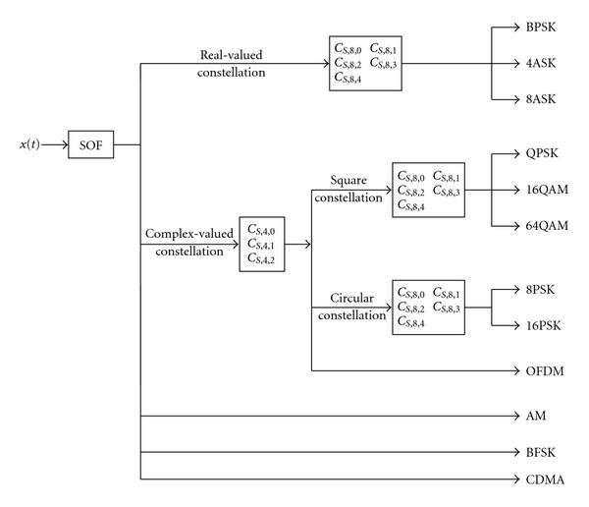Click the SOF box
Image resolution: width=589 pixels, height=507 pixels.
coord(91,145)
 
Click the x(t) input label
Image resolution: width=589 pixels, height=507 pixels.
coord(29,145)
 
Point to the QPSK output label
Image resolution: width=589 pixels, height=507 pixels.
coord(544,154)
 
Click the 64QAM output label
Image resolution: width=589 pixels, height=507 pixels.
coord(547,226)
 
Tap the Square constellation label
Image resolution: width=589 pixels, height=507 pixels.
coord(348,189)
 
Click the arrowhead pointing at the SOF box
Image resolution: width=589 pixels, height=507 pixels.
coord(62,145)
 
